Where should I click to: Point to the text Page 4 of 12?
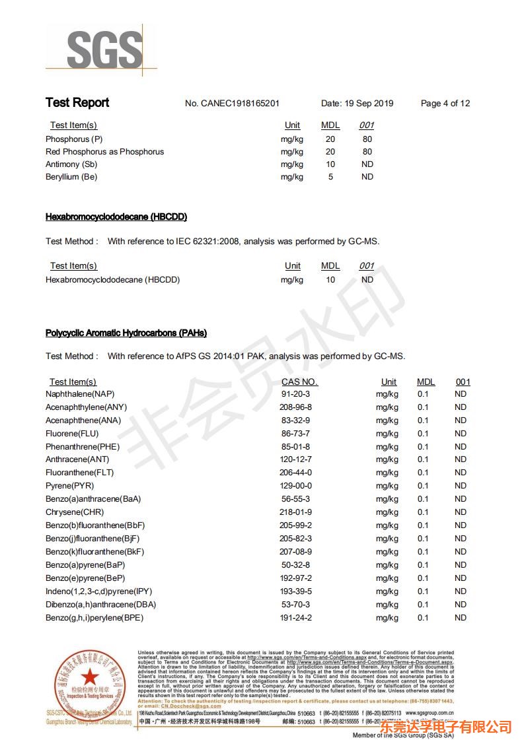click(445, 104)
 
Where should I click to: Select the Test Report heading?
click(77, 103)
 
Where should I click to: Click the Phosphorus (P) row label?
click(74, 139)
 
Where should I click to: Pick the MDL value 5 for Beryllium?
click(330, 177)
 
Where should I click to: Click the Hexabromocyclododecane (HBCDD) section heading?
click(116, 217)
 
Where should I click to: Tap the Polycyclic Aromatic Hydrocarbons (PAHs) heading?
click(126, 333)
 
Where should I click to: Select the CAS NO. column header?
click(299, 382)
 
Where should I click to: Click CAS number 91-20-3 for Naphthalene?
click(295, 394)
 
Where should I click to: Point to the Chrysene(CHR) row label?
click(75, 512)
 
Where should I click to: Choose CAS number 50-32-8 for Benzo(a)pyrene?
click(295, 565)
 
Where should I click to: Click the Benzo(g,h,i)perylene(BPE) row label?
click(94, 618)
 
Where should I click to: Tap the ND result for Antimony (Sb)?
click(367, 164)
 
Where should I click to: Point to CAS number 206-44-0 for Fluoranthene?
click(295, 473)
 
